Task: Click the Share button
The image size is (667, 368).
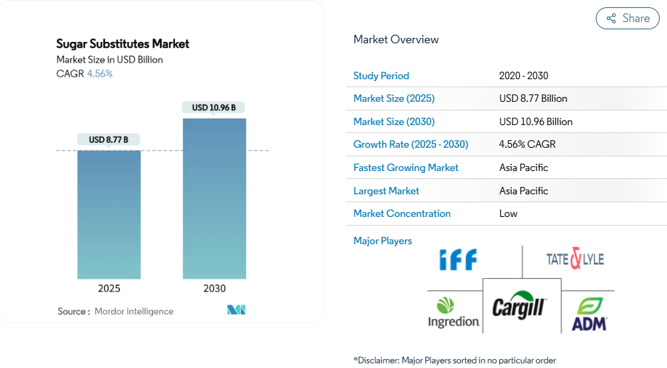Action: (x=627, y=19)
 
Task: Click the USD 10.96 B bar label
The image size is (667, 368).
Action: (x=214, y=107)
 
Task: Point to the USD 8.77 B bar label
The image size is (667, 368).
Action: (x=109, y=140)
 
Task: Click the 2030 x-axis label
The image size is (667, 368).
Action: (x=214, y=289)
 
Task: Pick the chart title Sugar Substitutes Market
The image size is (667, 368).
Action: (x=122, y=44)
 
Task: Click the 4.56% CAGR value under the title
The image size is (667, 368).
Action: (x=100, y=74)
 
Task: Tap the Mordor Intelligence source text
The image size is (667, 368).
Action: (x=134, y=311)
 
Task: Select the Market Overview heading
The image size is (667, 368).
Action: (x=396, y=40)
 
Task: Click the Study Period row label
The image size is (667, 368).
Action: (x=381, y=76)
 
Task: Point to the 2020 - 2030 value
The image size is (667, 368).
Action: (x=523, y=76)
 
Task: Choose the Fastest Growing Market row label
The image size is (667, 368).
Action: (x=406, y=168)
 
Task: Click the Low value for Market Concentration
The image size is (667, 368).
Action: (x=508, y=214)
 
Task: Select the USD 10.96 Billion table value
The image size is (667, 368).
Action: (x=536, y=122)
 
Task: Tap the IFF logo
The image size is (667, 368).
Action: (x=458, y=259)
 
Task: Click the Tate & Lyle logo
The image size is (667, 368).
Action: (x=574, y=259)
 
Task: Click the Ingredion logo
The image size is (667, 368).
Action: (x=454, y=313)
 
